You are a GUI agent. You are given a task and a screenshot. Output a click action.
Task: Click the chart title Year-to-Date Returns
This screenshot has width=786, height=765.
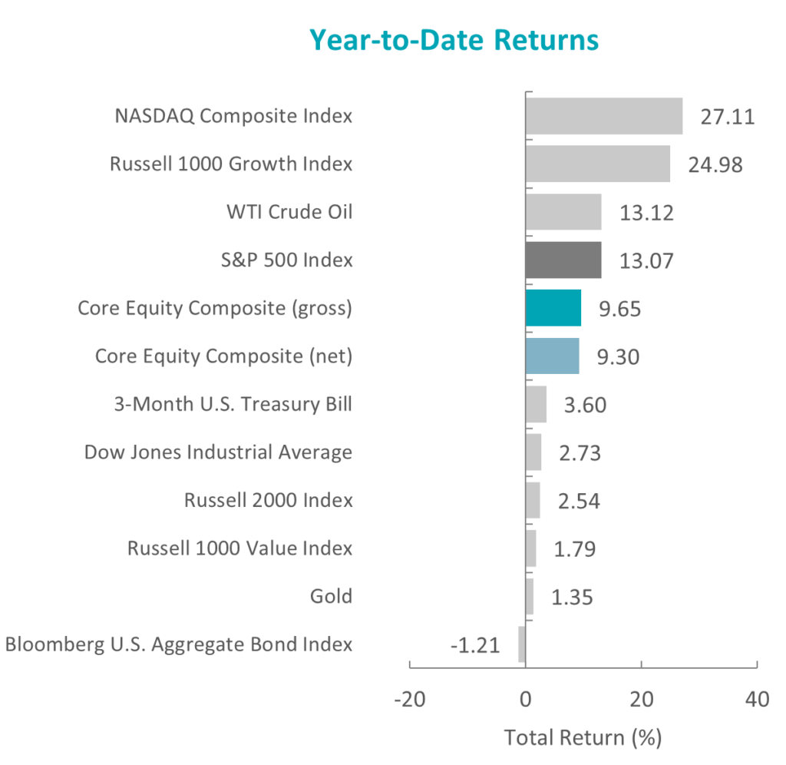(454, 40)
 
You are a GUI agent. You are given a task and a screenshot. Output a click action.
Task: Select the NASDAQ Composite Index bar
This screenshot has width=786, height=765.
(604, 116)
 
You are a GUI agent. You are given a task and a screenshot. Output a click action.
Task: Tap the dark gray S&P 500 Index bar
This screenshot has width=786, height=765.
(563, 260)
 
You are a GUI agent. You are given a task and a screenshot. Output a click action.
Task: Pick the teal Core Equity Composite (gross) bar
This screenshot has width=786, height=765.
(553, 308)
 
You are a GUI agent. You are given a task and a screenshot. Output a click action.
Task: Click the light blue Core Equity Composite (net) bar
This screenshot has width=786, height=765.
(553, 356)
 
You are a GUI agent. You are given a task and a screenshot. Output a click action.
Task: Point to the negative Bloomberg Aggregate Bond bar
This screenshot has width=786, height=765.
(522, 644)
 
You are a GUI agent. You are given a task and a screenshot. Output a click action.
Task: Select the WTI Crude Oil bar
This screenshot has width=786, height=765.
(563, 212)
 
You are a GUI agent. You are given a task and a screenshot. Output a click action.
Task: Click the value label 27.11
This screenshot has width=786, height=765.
(728, 117)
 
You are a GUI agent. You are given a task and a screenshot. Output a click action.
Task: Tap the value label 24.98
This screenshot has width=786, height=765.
(715, 165)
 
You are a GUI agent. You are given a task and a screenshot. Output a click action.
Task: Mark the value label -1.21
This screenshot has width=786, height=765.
(475, 646)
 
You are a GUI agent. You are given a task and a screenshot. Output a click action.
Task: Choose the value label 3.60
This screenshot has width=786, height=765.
(586, 406)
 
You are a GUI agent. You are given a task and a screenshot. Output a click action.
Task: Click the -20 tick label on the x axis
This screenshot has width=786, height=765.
(410, 699)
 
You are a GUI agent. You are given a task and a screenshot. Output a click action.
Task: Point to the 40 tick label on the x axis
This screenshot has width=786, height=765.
(757, 699)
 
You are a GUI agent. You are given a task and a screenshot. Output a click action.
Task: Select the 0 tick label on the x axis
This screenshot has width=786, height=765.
(525, 699)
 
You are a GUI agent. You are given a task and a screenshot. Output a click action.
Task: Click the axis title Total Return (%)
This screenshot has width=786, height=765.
(583, 738)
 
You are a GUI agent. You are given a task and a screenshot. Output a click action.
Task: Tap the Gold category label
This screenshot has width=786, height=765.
(331, 596)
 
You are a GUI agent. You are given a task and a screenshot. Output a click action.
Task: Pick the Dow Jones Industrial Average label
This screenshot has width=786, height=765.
(218, 452)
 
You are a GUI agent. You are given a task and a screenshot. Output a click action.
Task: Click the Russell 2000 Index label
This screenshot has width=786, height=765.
(268, 500)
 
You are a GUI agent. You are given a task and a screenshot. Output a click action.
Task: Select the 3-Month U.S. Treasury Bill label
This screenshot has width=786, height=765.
(233, 404)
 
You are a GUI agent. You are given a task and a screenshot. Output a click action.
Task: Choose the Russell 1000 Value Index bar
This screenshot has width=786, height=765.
(531, 548)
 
